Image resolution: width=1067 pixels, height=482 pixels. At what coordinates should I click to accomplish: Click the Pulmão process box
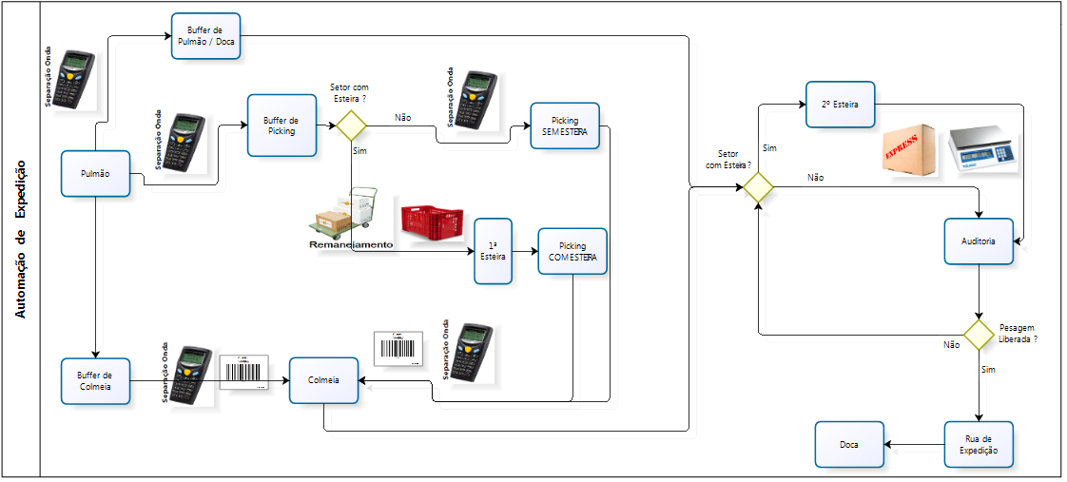point(96,173)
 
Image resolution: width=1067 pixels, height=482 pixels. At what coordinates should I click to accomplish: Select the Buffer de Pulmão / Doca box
point(205,36)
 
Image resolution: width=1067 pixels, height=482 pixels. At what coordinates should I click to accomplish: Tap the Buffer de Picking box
point(281,125)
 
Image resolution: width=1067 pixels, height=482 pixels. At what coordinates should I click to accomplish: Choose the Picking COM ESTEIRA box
point(572,251)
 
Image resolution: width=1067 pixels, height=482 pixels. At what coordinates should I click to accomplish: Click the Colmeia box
point(323,381)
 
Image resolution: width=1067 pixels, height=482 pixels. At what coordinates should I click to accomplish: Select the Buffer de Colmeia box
point(95,381)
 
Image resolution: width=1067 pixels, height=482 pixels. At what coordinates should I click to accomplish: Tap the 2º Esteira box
point(840,105)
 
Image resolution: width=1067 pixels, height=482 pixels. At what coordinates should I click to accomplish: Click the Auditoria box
point(979,241)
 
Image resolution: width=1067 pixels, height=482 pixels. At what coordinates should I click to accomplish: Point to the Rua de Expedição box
point(979,444)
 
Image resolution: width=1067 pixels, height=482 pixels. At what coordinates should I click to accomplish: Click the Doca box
point(849,444)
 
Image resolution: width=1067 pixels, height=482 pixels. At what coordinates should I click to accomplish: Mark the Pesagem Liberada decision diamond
point(979,334)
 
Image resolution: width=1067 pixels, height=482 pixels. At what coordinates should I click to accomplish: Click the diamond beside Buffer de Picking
point(351,125)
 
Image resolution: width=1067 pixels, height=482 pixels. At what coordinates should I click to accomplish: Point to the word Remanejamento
point(351,244)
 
